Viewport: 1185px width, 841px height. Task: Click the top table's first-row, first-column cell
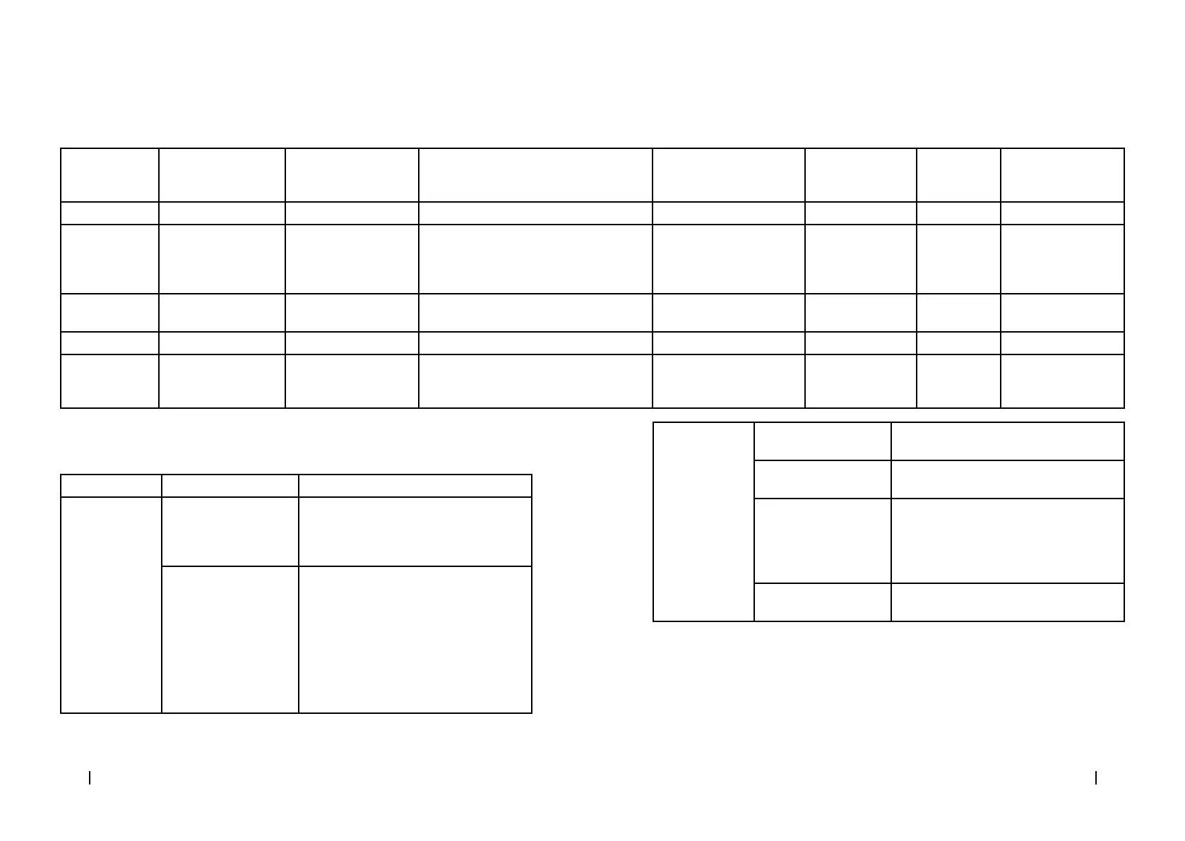tap(109, 175)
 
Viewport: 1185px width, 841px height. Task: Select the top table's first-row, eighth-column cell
tap(1062, 175)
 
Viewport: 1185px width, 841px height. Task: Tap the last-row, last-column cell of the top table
tap(1062, 381)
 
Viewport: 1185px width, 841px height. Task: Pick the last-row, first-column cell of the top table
tap(109, 381)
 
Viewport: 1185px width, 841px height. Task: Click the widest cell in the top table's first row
tap(535, 175)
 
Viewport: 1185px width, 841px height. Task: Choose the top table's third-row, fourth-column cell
tap(535, 258)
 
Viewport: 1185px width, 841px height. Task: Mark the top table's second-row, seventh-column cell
tap(958, 213)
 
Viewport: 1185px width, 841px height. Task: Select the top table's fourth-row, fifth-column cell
tap(728, 313)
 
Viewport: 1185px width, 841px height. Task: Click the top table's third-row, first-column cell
tap(109, 258)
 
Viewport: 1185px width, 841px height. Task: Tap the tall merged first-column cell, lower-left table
tap(111, 605)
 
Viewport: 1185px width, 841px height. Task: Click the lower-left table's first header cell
tap(111, 486)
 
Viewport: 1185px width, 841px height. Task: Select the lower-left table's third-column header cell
tap(415, 486)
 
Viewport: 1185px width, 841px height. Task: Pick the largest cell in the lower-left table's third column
tap(415, 640)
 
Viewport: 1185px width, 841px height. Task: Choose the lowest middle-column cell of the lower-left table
tap(230, 640)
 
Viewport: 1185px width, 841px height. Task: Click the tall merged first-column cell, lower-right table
tap(703, 522)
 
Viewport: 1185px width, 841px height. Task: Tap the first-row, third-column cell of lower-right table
tap(1007, 441)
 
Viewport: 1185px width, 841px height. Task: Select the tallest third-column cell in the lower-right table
tap(1007, 541)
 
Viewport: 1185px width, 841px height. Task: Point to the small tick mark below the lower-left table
tap(90, 778)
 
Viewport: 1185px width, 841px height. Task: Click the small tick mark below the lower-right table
tap(1095, 778)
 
